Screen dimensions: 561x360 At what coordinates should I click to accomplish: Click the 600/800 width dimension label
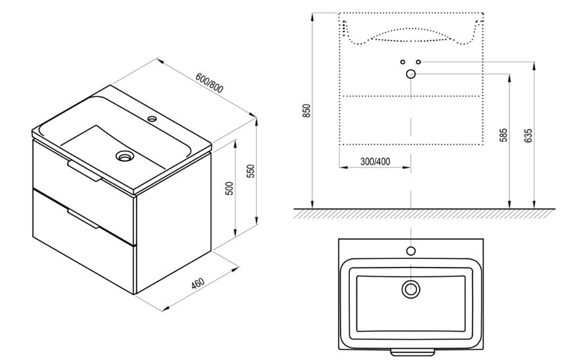210,83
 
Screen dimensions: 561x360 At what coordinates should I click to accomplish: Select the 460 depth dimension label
197,283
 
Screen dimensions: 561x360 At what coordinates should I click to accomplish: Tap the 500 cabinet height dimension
230,189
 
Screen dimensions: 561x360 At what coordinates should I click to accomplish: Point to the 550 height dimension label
251,171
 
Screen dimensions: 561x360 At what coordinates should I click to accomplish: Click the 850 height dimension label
307,111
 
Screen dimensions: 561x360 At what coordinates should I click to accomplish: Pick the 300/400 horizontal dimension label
375,162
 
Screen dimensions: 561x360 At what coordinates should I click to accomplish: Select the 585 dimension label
504,135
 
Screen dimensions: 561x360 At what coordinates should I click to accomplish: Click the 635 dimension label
529,135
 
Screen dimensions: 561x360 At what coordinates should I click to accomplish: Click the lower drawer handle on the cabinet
82,219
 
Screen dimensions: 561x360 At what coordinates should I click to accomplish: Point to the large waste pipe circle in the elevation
411,74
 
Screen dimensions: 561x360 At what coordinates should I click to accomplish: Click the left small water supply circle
403,62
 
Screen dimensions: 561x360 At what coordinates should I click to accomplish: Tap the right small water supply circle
418,62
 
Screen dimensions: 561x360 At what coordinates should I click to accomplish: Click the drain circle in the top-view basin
411,289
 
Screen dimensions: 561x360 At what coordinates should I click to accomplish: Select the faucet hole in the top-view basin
411,251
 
